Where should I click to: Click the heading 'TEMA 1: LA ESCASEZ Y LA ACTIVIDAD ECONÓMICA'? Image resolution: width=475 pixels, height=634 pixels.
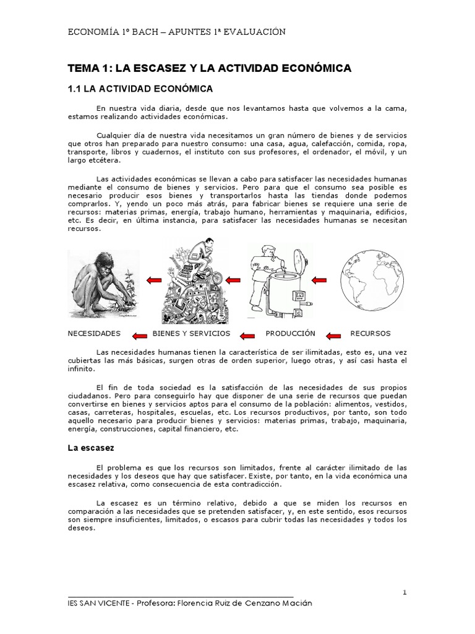tap(209, 68)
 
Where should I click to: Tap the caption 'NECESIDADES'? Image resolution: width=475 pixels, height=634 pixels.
tap(94, 333)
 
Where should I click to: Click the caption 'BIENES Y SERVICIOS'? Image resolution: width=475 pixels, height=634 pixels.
tap(191, 333)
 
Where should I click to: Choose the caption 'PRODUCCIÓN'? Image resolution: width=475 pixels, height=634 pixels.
tap(290, 333)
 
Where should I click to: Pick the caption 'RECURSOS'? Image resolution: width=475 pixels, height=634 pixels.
tap(371, 333)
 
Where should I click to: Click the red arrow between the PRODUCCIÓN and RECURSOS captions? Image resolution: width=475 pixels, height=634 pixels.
tap(333, 336)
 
